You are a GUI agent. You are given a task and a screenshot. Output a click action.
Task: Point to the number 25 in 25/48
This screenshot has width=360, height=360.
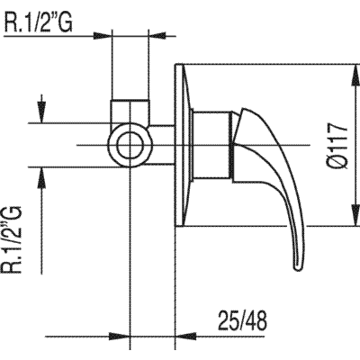tap(230, 319)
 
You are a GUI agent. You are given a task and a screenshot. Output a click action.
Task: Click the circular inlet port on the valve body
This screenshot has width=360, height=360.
tap(131, 145)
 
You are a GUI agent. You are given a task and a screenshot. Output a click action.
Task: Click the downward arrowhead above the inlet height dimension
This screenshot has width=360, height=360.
tap(41, 118)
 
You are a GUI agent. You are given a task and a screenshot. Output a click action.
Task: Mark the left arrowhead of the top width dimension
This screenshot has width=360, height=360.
tap(106, 36)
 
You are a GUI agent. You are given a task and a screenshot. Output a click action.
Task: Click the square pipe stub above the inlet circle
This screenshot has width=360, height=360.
tap(131, 112)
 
